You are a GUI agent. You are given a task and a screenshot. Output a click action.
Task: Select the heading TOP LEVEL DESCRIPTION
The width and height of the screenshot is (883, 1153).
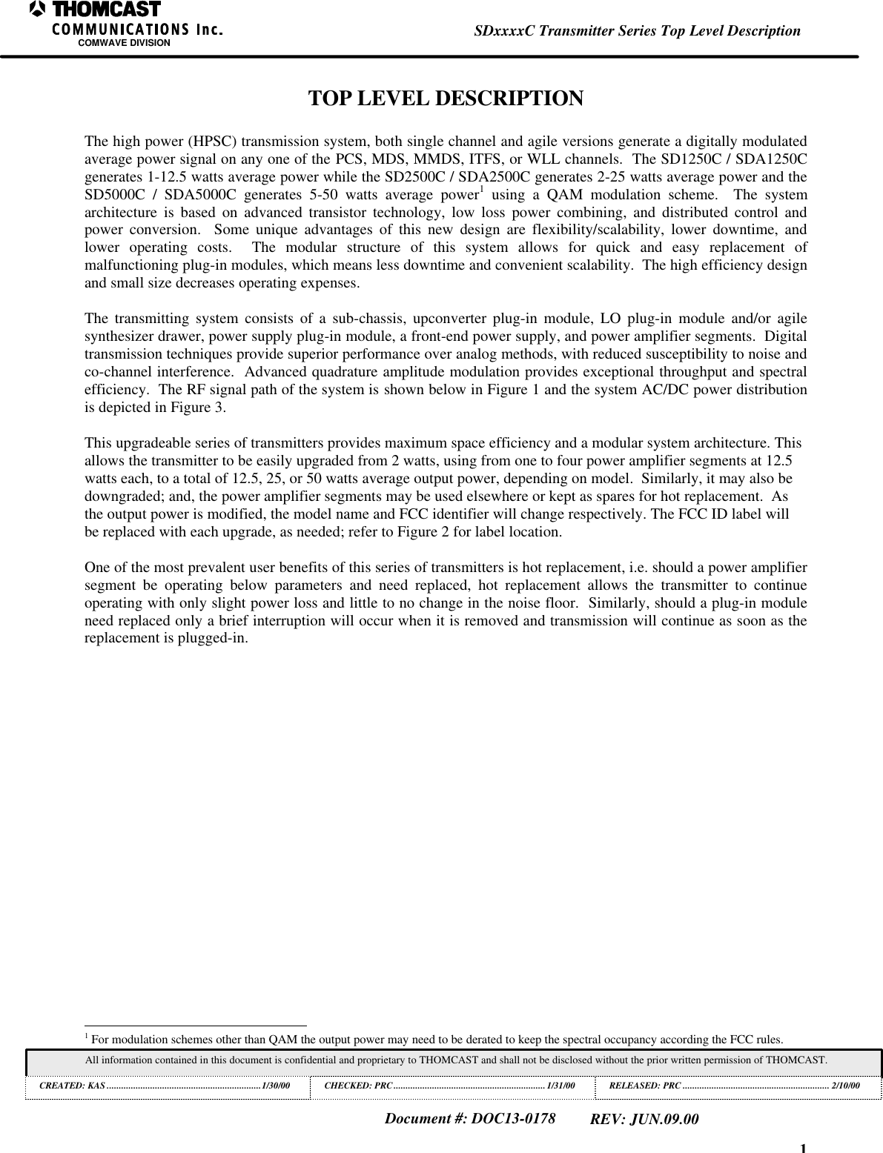pyautogui.click(x=446, y=99)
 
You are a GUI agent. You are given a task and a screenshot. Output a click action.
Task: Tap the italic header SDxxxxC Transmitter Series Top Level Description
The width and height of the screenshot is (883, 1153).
pyautogui.click(x=637, y=31)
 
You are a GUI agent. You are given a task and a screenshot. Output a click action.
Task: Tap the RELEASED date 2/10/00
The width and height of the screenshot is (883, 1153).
pyautogui.click(x=845, y=1086)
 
